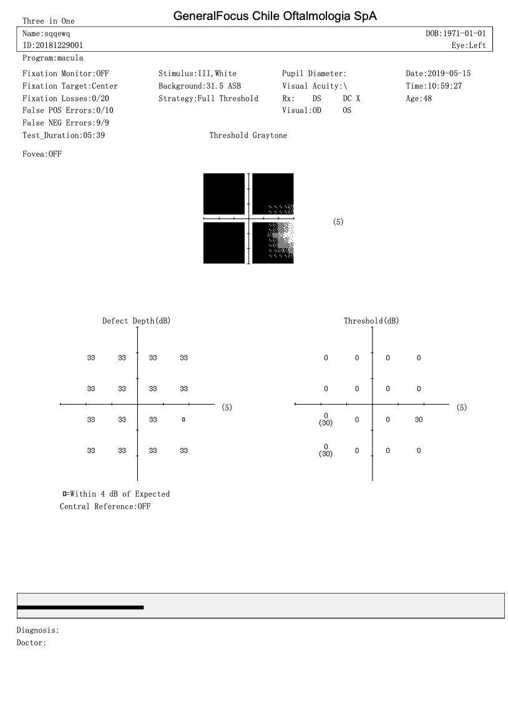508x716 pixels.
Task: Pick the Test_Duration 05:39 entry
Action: pyautogui.click(x=63, y=135)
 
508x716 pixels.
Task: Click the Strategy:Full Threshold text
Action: pyautogui.click(x=208, y=98)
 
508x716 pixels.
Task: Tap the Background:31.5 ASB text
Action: pyautogui.click(x=200, y=86)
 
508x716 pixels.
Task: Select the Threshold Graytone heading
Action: pyautogui.click(x=248, y=135)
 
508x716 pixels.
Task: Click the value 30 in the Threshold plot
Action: pyautogui.click(x=419, y=420)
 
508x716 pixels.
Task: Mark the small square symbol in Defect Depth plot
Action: pyautogui.click(x=183, y=420)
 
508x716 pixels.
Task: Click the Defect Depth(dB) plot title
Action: pyautogui.click(x=136, y=321)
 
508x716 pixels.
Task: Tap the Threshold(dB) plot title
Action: pyautogui.click(x=371, y=321)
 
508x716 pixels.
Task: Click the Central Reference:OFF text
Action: pyautogui.click(x=105, y=506)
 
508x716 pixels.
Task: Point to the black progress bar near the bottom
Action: pyautogui.click(x=81, y=607)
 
